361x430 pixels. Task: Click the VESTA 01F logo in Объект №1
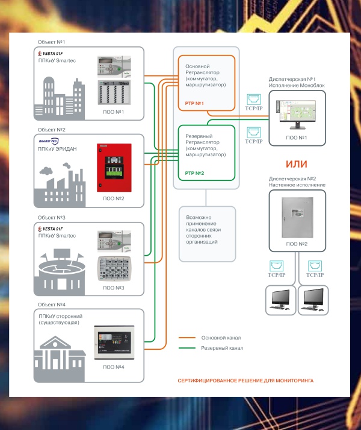[51, 54]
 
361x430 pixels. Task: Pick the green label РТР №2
[195, 173]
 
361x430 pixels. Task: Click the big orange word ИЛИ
[297, 165]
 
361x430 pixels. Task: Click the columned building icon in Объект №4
[59, 356]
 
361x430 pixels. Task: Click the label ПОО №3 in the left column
[113, 288]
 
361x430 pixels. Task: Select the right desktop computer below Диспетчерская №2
[315, 297]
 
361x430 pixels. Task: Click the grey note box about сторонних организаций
[205, 233]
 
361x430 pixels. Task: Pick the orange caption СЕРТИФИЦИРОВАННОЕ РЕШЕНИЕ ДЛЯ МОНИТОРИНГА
[245, 381]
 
